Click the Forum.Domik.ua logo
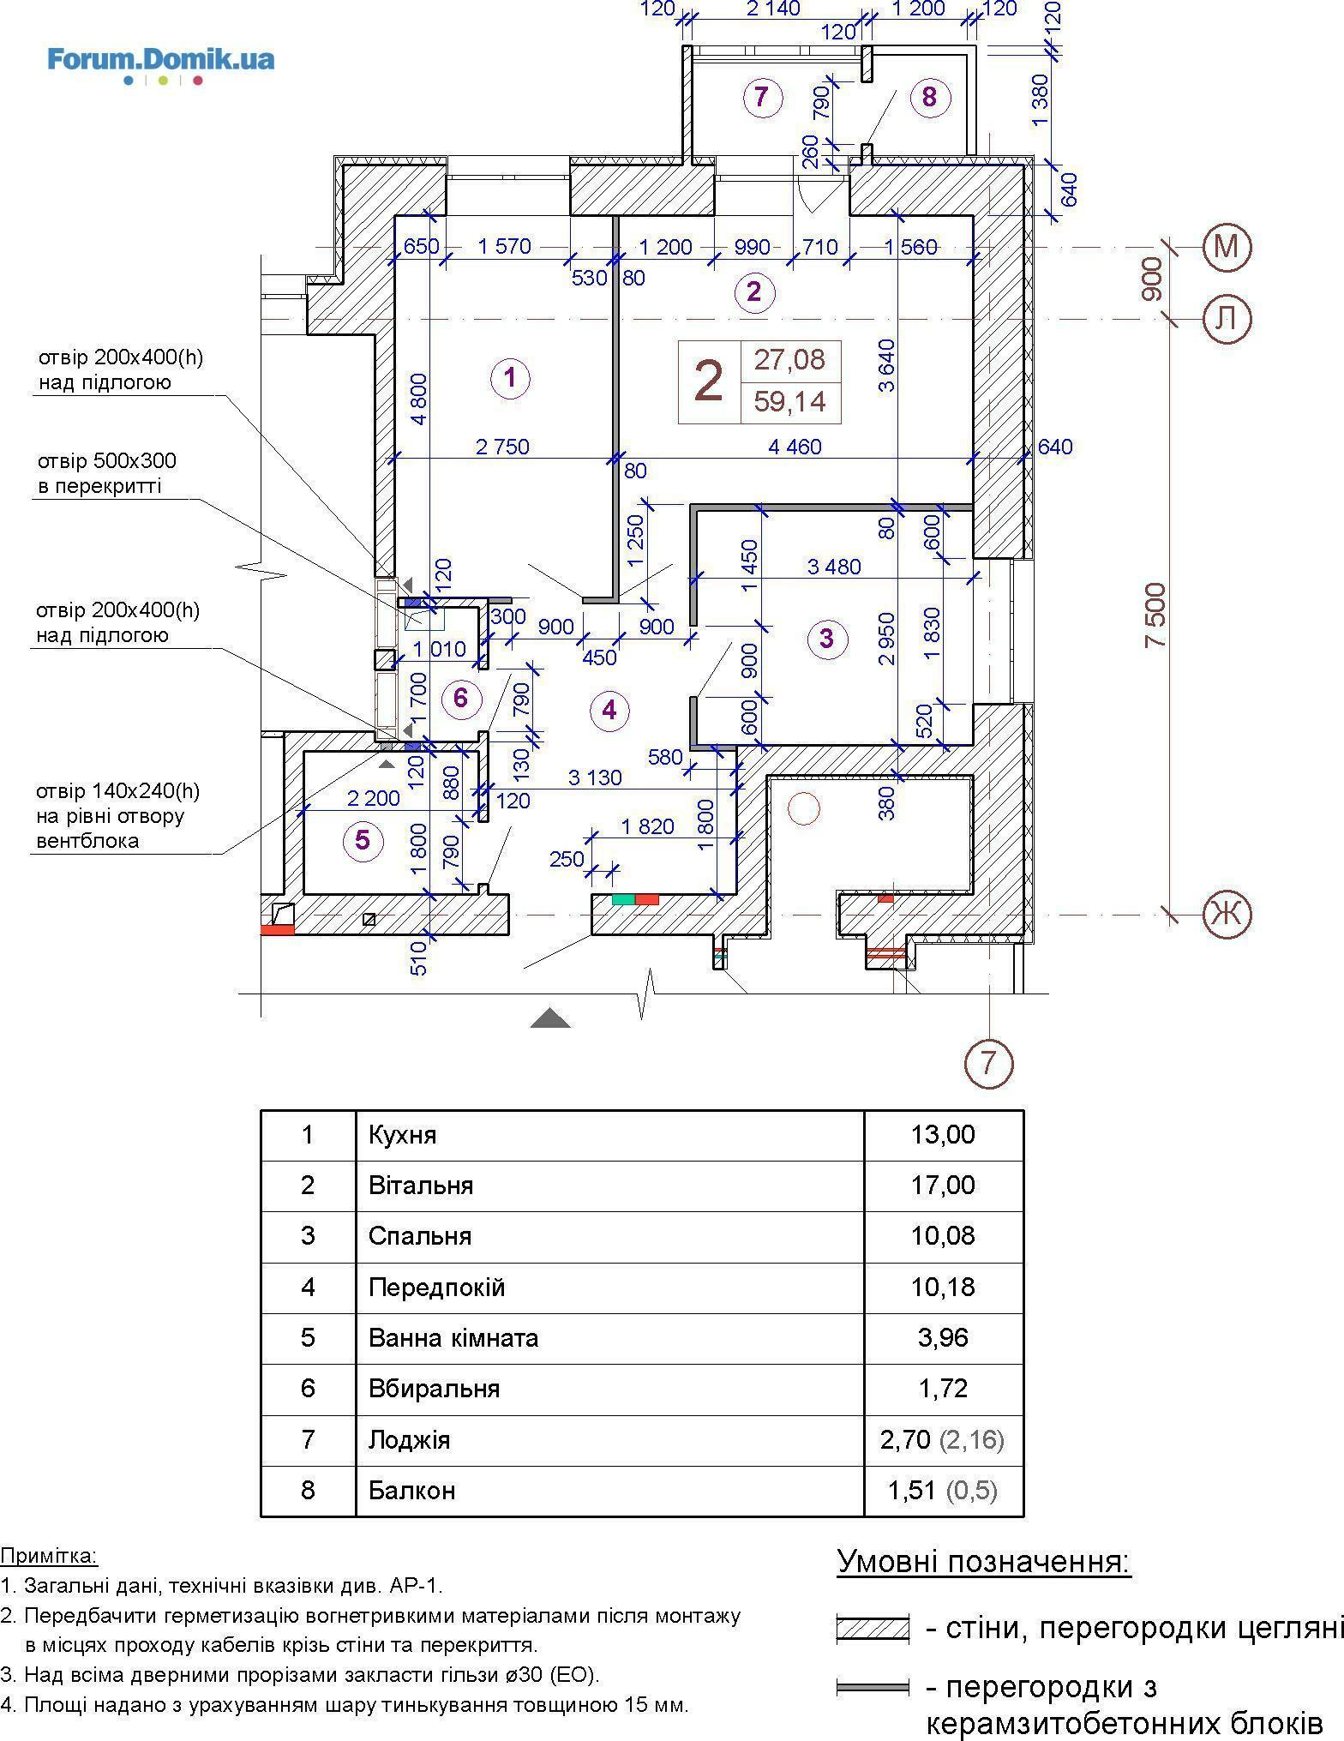[x=161, y=65]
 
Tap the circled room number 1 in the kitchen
[x=510, y=377]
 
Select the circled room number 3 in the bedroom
[x=826, y=638]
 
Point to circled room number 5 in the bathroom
[x=363, y=840]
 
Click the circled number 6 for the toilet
[x=461, y=698]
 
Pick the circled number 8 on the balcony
[x=929, y=97]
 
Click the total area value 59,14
[x=790, y=401]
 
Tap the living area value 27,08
[x=790, y=359]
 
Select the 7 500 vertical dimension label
[x=1156, y=615]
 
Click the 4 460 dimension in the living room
[x=796, y=446]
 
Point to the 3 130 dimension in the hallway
[x=595, y=777]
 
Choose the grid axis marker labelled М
[x=1227, y=247]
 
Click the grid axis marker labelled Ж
[x=1227, y=914]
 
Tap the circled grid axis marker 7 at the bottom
[x=989, y=1063]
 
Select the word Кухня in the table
[x=402, y=1136]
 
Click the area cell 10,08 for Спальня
[x=943, y=1235]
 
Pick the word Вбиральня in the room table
[x=434, y=1388]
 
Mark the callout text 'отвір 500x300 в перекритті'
[x=106, y=473]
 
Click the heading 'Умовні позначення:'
[x=984, y=1561]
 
